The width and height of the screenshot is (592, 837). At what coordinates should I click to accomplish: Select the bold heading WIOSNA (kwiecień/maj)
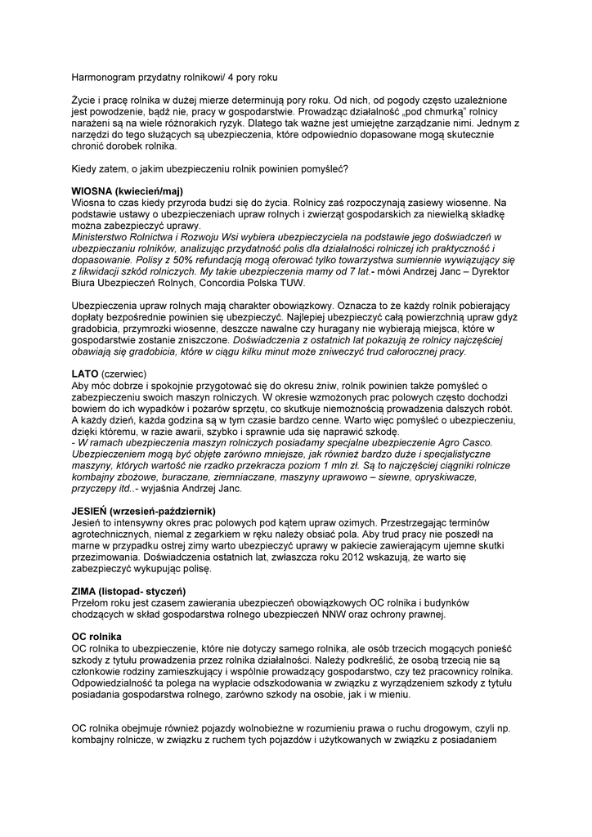click(x=128, y=190)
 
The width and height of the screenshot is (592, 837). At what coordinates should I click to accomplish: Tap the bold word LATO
click(x=86, y=374)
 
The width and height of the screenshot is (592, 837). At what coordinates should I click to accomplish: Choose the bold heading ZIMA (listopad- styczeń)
click(x=129, y=590)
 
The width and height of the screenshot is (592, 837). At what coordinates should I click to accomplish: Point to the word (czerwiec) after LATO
click(x=125, y=374)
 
